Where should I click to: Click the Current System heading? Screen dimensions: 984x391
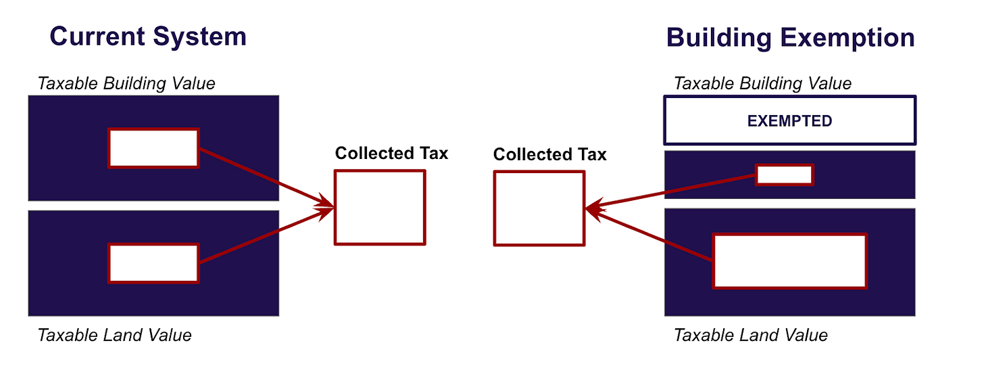pyautogui.click(x=148, y=36)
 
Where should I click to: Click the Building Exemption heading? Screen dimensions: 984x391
pyautogui.click(x=790, y=37)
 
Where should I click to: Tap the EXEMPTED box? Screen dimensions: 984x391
pyautogui.click(x=789, y=121)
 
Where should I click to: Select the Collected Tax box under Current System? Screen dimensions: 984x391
pyautogui.click(x=380, y=207)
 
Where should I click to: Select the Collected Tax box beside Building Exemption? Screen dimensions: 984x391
pyautogui.click(x=539, y=208)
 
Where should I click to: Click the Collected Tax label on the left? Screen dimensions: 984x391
pyautogui.click(x=391, y=153)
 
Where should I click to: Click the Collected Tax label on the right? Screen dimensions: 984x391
pyautogui.click(x=549, y=154)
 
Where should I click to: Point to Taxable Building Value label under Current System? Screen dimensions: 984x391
pyautogui.click(x=126, y=83)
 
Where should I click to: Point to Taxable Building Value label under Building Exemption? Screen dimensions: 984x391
pyautogui.click(x=762, y=83)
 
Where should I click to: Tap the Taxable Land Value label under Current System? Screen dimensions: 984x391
pyautogui.click(x=114, y=335)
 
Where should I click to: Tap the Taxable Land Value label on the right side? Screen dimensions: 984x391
pyautogui.click(x=750, y=335)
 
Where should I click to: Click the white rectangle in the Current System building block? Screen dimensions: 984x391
pyautogui.click(x=153, y=148)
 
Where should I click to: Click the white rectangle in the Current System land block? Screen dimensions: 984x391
pyautogui.click(x=153, y=263)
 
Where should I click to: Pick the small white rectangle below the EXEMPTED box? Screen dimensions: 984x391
pyautogui.click(x=784, y=175)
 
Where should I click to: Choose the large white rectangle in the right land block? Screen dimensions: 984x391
pyautogui.click(x=789, y=261)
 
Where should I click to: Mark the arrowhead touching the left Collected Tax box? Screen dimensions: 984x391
pyautogui.click(x=328, y=206)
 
